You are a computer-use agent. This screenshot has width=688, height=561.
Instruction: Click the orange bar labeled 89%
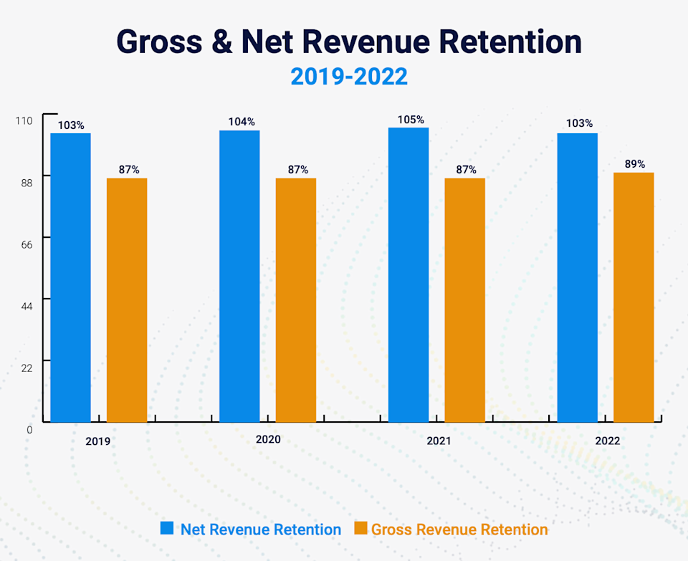634,297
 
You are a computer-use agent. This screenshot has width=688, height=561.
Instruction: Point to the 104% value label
242,122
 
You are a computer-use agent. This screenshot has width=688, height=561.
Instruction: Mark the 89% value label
635,164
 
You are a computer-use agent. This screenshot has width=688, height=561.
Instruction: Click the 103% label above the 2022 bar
579,123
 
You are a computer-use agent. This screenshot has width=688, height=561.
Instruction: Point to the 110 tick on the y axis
24,120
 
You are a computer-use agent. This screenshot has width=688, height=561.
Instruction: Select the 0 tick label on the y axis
29,430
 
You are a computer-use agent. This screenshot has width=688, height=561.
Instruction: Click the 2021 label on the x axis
439,441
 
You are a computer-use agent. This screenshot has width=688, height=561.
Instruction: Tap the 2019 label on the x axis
97,441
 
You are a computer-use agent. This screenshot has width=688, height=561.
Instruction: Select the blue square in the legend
167,529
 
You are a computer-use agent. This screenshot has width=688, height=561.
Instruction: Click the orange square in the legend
360,529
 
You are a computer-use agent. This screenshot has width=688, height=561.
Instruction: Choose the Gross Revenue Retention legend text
459,529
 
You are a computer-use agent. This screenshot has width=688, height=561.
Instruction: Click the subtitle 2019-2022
349,77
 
